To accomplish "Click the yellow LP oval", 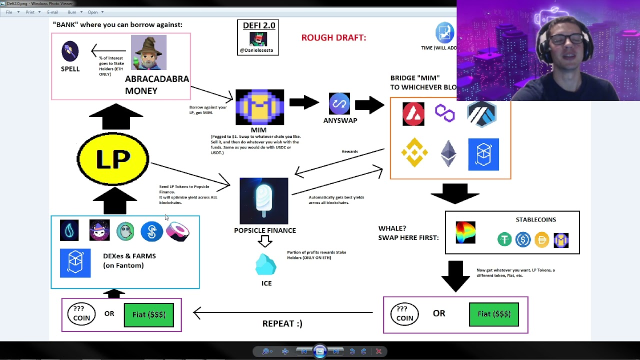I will pyautogui.click(x=113, y=159).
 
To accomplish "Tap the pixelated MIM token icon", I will pyautogui.click(x=259, y=107).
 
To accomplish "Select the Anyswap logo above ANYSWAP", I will pyautogui.click(x=339, y=103).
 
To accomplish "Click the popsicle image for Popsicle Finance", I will pyautogui.click(x=264, y=200).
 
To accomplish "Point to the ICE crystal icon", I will pyautogui.click(x=266, y=265).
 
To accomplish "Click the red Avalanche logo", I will pyautogui.click(x=413, y=114).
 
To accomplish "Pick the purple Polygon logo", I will pyautogui.click(x=444, y=113).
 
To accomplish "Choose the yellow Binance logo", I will pyautogui.click(x=414, y=152).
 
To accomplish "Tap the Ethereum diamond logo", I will pyautogui.click(x=448, y=153).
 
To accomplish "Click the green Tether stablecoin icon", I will pyautogui.click(x=504, y=240).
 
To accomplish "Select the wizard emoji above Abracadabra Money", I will pyautogui.click(x=148, y=52).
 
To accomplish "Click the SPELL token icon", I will pyautogui.click(x=70, y=51).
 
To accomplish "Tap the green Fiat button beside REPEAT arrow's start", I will pyautogui.click(x=493, y=314).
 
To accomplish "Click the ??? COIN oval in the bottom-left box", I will pyautogui.click(x=81, y=314).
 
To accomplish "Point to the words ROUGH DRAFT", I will pyautogui.click(x=333, y=37).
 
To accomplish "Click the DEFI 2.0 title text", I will pyautogui.click(x=258, y=25).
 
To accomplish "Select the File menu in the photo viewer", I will pyautogui.click(x=9, y=12).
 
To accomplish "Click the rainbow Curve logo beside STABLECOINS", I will pyautogui.click(x=465, y=232).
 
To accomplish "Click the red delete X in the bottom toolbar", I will pyautogui.click(x=378, y=351).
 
